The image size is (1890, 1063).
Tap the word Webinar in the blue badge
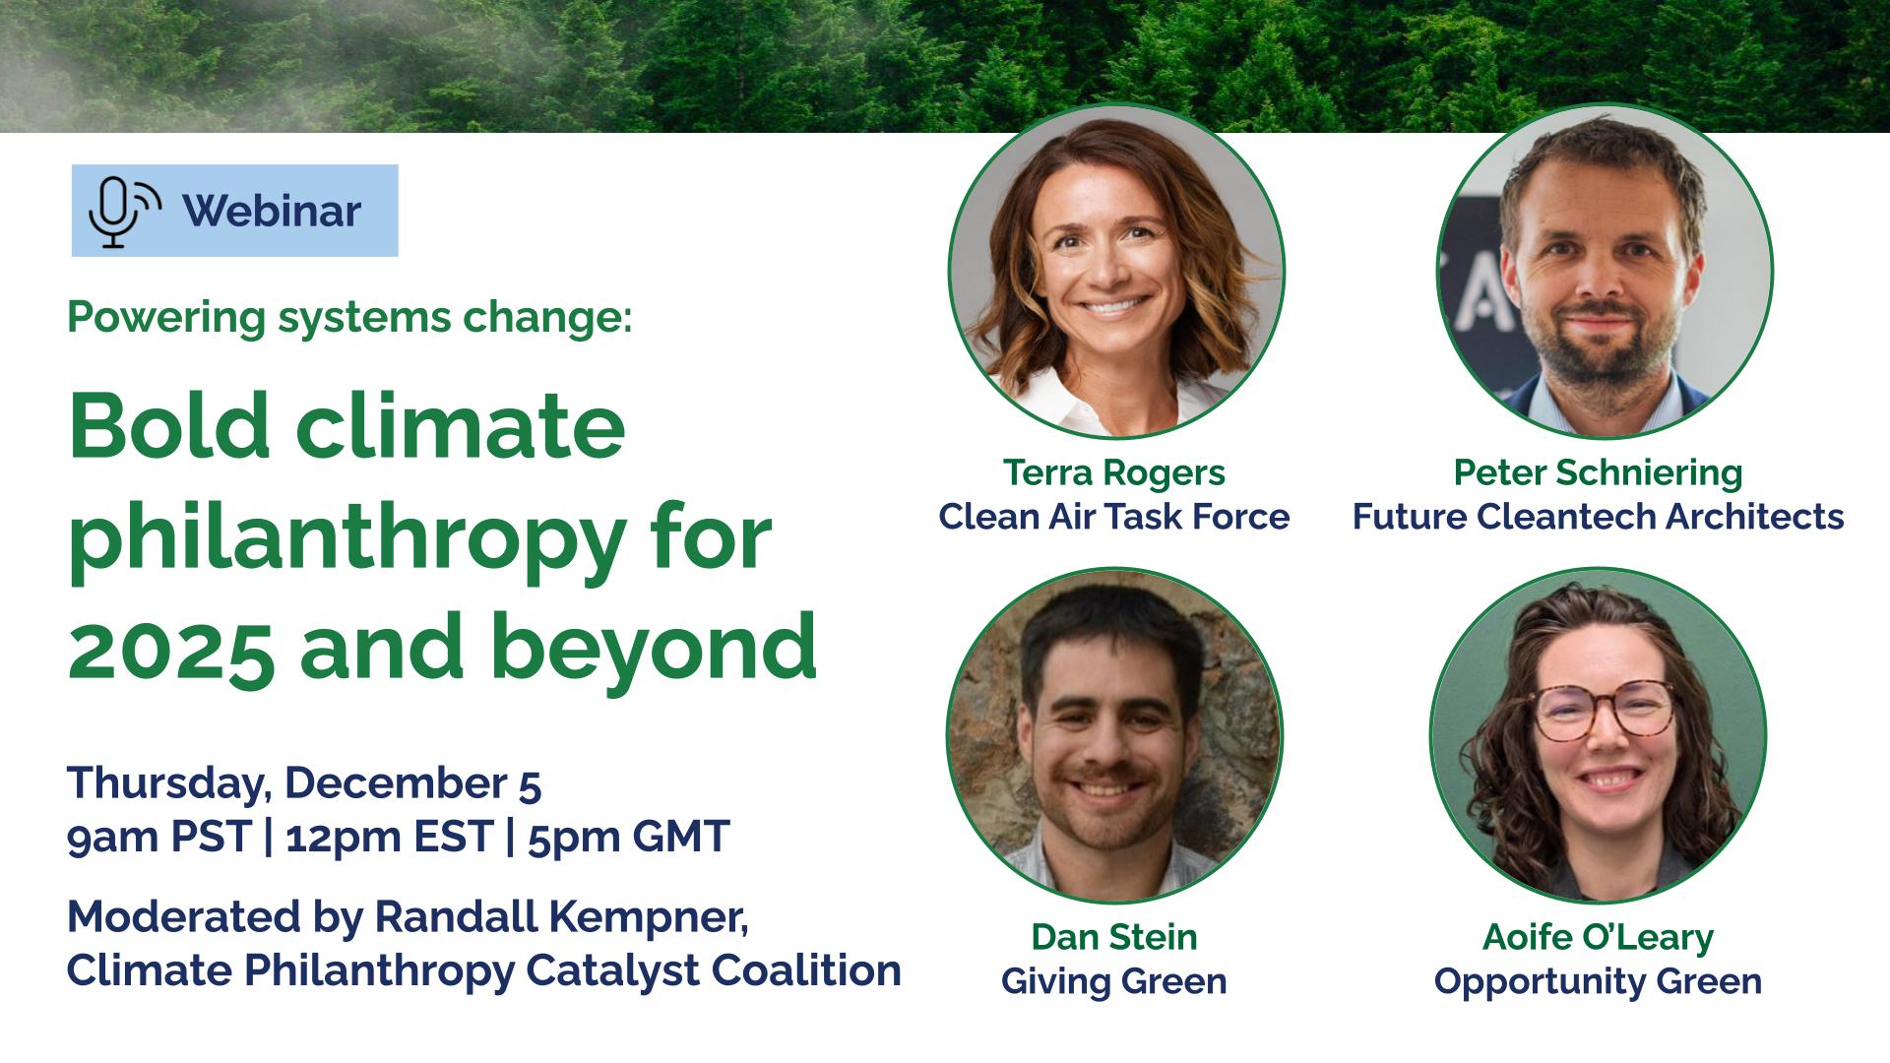(272, 211)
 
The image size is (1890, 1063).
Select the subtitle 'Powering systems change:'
(349, 319)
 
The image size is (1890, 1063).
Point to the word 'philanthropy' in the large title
(346, 537)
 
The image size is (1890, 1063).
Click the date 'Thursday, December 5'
(304, 783)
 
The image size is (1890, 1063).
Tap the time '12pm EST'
(389, 837)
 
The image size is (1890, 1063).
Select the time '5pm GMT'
(628, 837)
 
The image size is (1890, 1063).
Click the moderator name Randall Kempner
(561, 917)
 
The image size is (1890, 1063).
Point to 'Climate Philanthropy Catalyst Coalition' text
(484, 970)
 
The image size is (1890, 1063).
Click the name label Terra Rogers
(1114, 473)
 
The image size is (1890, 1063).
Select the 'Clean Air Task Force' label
(1114, 517)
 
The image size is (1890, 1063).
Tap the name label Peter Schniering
(1598, 473)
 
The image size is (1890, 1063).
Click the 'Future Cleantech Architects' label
(1598, 517)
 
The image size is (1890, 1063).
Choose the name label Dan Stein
(1114, 937)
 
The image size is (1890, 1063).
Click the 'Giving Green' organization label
(1114, 981)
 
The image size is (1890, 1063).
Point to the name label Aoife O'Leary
(1598, 937)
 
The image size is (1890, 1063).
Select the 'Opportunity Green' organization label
(1598, 981)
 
